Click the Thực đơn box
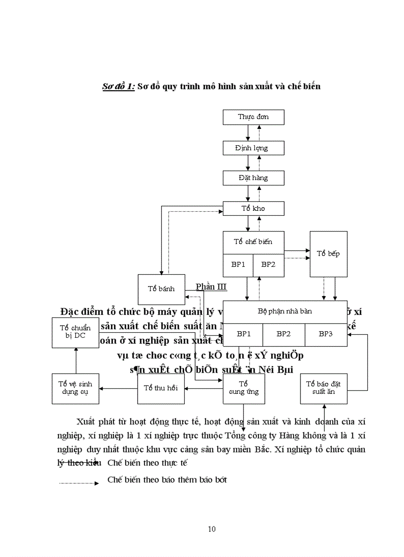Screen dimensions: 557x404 [x=253, y=117]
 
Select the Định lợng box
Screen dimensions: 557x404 [x=253, y=148]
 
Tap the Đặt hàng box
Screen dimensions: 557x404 [x=253, y=178]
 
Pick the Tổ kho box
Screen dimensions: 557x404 [x=253, y=208]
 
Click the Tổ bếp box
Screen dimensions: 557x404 [x=328, y=253]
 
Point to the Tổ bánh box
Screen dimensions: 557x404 [x=161, y=289]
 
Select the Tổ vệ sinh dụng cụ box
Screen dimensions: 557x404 [x=75, y=388]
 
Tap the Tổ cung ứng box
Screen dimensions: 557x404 [x=244, y=388]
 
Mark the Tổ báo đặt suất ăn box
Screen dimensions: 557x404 [x=324, y=388]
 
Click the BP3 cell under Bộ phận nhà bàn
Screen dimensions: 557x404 [x=326, y=334]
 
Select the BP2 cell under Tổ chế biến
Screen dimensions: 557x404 [x=268, y=264]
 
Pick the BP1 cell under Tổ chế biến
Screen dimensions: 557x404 [x=238, y=264]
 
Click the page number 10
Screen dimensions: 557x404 [x=212, y=529]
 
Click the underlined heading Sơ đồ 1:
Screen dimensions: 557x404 [x=118, y=86]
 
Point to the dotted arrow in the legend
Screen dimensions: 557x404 [x=79, y=482]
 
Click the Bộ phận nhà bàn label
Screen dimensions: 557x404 [x=285, y=311]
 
